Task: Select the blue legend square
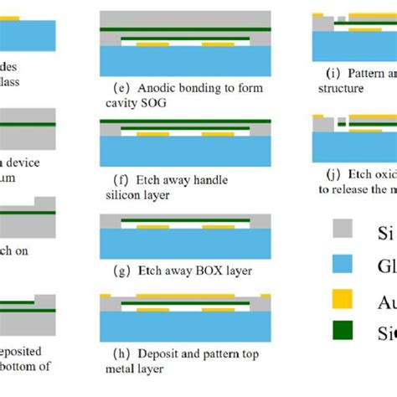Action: click(x=343, y=265)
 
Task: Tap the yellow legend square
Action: click(x=343, y=299)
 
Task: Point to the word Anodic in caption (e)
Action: click(x=156, y=88)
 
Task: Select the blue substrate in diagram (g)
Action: click(x=185, y=244)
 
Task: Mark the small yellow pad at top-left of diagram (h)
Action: click(x=106, y=296)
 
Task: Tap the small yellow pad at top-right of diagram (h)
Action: click(x=266, y=296)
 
